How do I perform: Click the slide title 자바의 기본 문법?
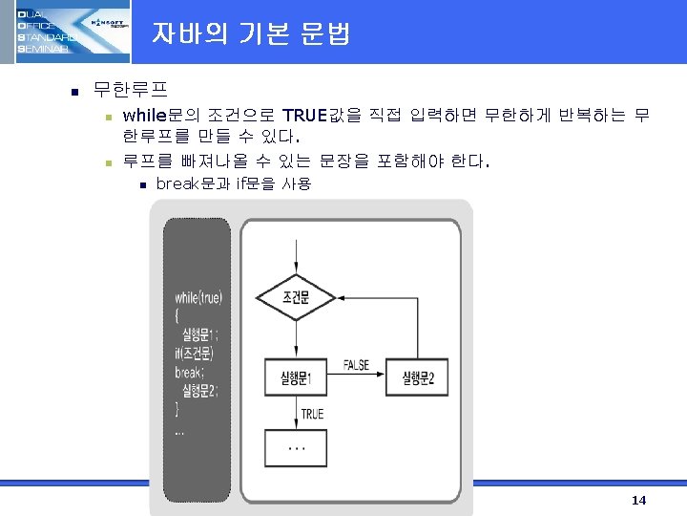click(x=251, y=34)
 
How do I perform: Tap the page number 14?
click(x=639, y=501)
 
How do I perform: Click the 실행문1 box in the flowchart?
click(x=296, y=377)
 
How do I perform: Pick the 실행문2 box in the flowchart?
click(x=418, y=377)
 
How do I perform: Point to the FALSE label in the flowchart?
click(x=356, y=365)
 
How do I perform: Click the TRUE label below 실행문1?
click(x=312, y=414)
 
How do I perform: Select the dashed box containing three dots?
click(x=296, y=447)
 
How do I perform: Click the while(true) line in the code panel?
click(x=198, y=298)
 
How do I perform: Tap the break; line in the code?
click(x=191, y=372)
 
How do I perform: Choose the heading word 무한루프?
click(x=129, y=92)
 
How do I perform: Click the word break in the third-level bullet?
click(x=176, y=183)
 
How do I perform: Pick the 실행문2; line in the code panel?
click(x=198, y=390)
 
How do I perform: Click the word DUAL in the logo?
click(x=30, y=11)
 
